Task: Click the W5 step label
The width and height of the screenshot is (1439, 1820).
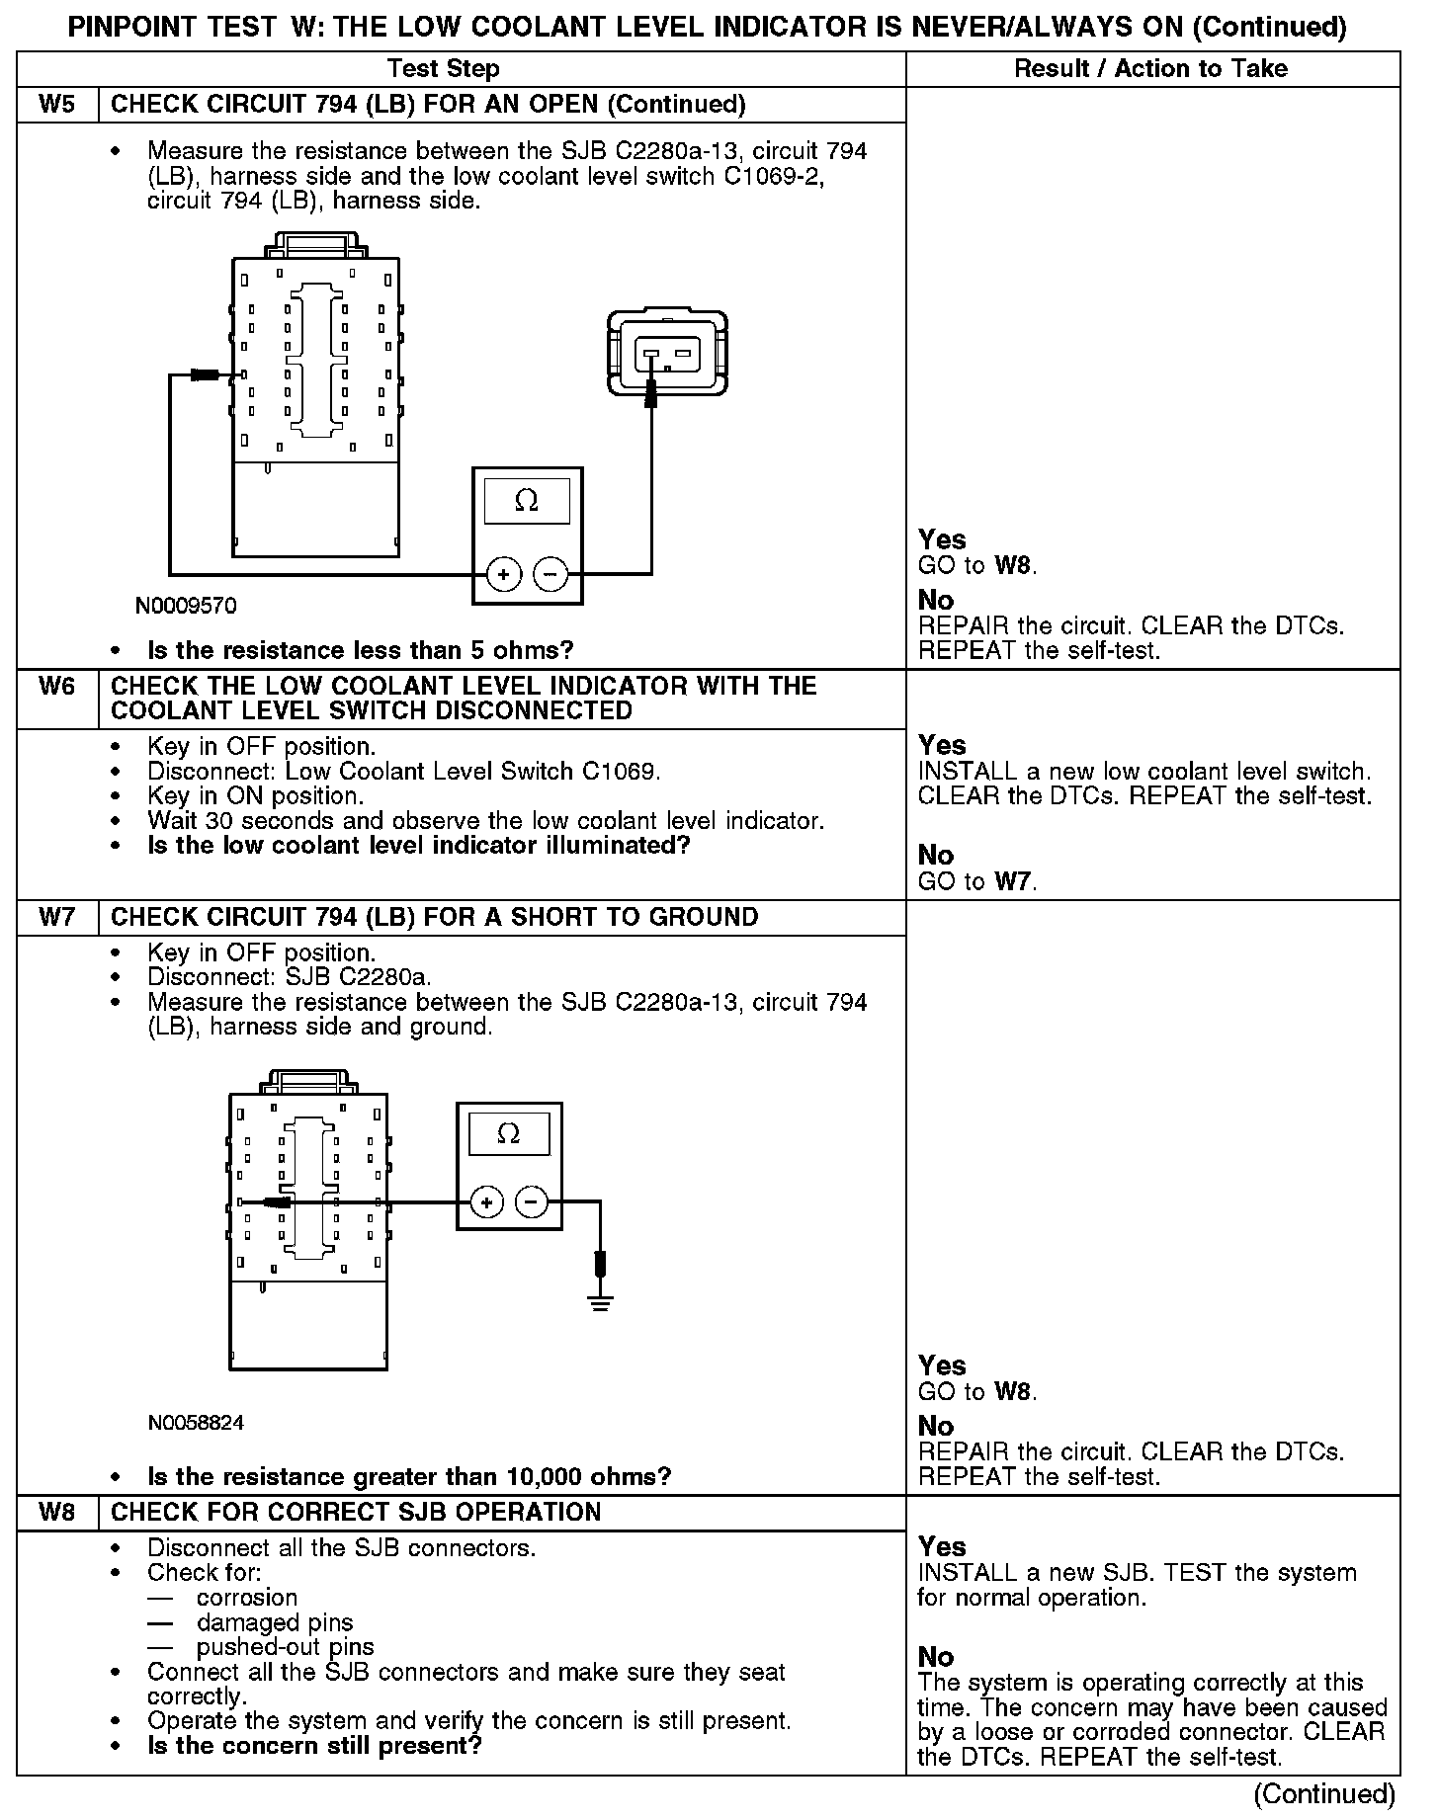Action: (57, 105)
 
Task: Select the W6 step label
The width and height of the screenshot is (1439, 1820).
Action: (57, 686)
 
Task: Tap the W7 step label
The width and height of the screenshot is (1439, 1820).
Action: (57, 917)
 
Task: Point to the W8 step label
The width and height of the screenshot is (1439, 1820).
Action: (57, 1512)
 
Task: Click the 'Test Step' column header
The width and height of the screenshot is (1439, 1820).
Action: (444, 68)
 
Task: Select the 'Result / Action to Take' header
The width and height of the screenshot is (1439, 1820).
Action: (1151, 68)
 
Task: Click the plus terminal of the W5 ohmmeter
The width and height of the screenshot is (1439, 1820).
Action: (504, 574)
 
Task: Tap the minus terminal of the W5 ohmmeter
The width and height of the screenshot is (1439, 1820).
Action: (550, 574)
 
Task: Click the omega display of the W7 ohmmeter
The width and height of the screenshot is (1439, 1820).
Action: (508, 1133)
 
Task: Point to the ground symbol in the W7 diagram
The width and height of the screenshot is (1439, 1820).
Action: (599, 1302)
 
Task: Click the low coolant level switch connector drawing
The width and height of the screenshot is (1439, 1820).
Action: (668, 353)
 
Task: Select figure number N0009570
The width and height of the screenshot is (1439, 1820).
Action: (186, 606)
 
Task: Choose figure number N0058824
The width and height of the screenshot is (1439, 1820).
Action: (196, 1423)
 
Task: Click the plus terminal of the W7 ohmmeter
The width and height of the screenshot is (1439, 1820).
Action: (486, 1202)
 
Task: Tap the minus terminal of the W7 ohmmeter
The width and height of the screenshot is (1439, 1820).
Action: (532, 1202)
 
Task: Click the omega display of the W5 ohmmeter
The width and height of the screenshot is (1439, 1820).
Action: (527, 501)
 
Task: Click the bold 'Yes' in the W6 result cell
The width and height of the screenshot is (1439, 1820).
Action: (941, 745)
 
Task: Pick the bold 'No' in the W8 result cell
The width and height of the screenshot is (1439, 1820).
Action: (936, 1657)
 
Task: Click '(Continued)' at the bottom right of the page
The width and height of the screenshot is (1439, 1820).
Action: (1324, 1794)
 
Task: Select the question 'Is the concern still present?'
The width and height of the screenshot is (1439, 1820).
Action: (314, 1745)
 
